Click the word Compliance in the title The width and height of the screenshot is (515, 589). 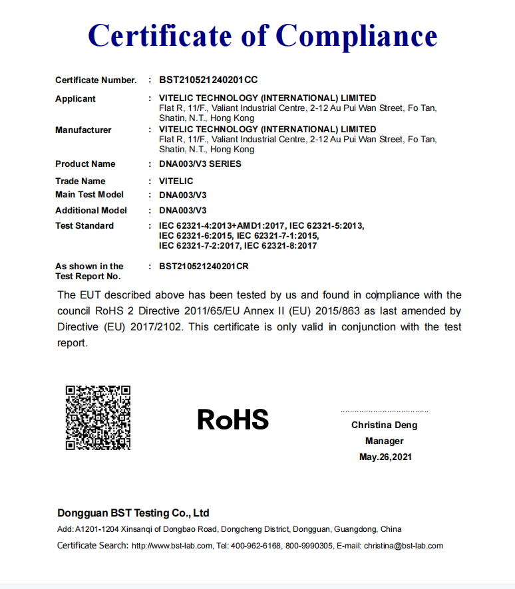pyautogui.click(x=357, y=35)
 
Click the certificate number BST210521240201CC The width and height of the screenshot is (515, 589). pyautogui.click(x=208, y=80)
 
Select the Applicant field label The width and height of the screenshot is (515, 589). pyautogui.click(x=75, y=98)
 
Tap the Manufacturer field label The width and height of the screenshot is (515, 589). pyautogui.click(x=83, y=130)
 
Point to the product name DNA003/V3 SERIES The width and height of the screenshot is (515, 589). pyautogui.click(x=200, y=164)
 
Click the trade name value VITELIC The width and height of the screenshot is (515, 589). pyautogui.click(x=176, y=181)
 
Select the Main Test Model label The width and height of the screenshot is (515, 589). pyautogui.click(x=89, y=194)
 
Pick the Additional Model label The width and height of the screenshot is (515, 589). pyautogui.click(x=91, y=210)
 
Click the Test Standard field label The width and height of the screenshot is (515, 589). pyautogui.click(x=85, y=225)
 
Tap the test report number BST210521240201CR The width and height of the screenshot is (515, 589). pyautogui.click(x=208, y=266)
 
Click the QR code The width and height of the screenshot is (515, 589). pyautogui.click(x=98, y=417)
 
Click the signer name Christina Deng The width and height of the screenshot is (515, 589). pyautogui.click(x=385, y=425)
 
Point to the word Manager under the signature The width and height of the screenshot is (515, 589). pyautogui.click(x=385, y=441)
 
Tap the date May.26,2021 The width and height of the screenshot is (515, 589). pyautogui.click(x=385, y=457)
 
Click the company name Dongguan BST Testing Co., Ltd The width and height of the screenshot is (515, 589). pyautogui.click(x=133, y=513)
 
